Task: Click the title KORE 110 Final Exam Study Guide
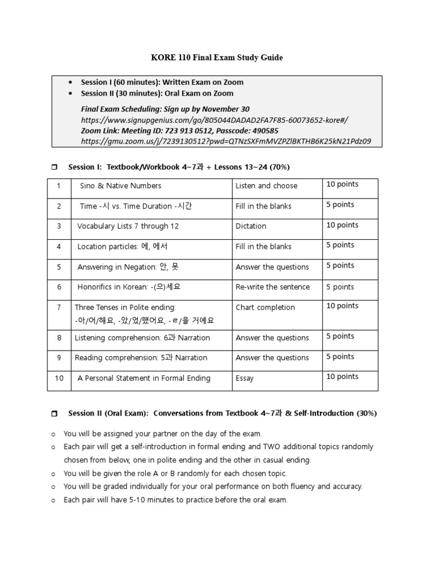point(216,58)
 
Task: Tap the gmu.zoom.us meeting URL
point(226,141)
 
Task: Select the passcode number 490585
point(263,131)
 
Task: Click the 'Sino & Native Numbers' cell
point(120,185)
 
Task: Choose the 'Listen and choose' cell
point(266,185)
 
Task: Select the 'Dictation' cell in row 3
point(251,226)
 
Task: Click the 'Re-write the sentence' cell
point(272,287)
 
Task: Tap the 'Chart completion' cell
point(265,308)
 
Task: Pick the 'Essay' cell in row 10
point(245,378)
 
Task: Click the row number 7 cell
point(59,308)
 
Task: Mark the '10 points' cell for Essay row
point(342,377)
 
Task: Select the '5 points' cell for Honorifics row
point(340,287)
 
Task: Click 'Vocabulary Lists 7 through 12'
point(128,226)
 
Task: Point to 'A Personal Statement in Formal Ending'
point(144,378)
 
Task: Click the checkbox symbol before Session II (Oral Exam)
point(54,414)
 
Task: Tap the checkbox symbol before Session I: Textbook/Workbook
point(54,167)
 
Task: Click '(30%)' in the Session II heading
point(366,413)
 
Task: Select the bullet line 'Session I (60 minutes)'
point(162,82)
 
